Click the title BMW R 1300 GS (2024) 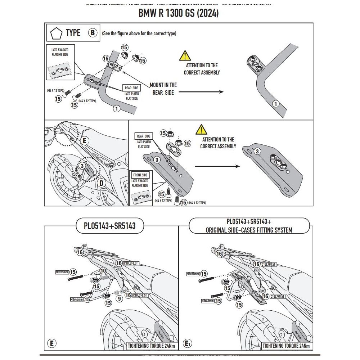coord(179,13)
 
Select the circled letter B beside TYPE coord(93,33)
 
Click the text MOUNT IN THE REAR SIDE coord(163,89)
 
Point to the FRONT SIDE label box coord(140,175)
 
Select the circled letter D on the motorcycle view coord(101,183)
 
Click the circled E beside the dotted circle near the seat coord(84,141)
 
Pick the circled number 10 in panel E coord(103,270)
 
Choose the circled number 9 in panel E coord(119,298)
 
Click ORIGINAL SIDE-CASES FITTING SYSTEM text coord(249,230)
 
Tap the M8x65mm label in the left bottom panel coord(62,273)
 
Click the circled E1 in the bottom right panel coord(187,344)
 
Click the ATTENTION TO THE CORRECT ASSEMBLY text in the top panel coord(202,69)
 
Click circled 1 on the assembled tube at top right coord(276,104)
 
